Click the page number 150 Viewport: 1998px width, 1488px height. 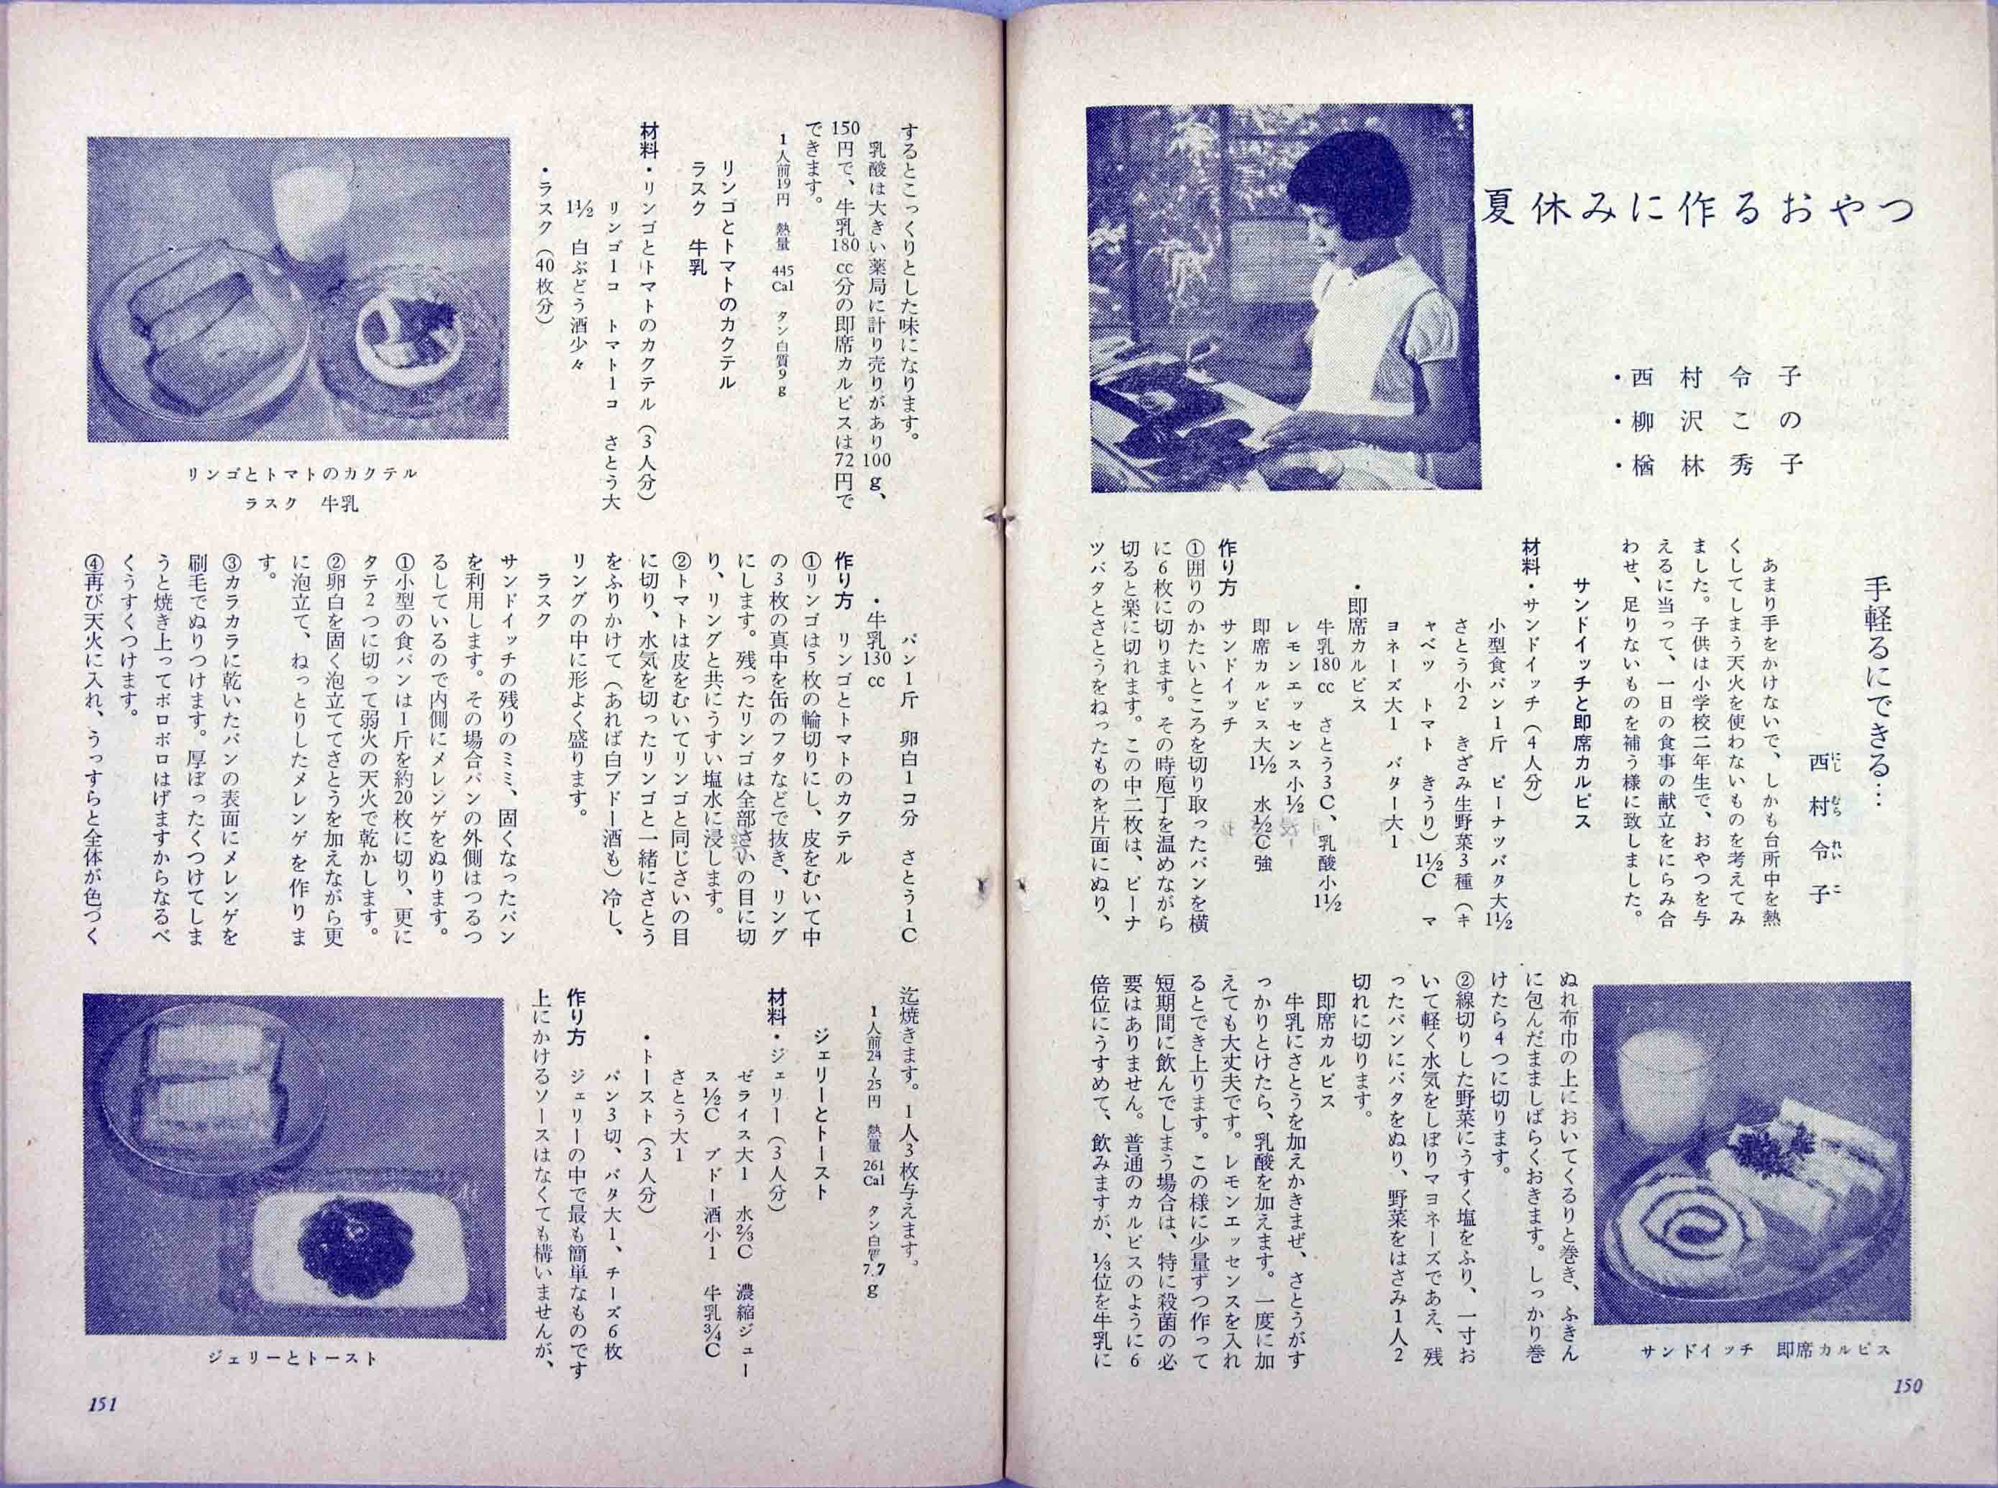(x=1905, y=1412)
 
